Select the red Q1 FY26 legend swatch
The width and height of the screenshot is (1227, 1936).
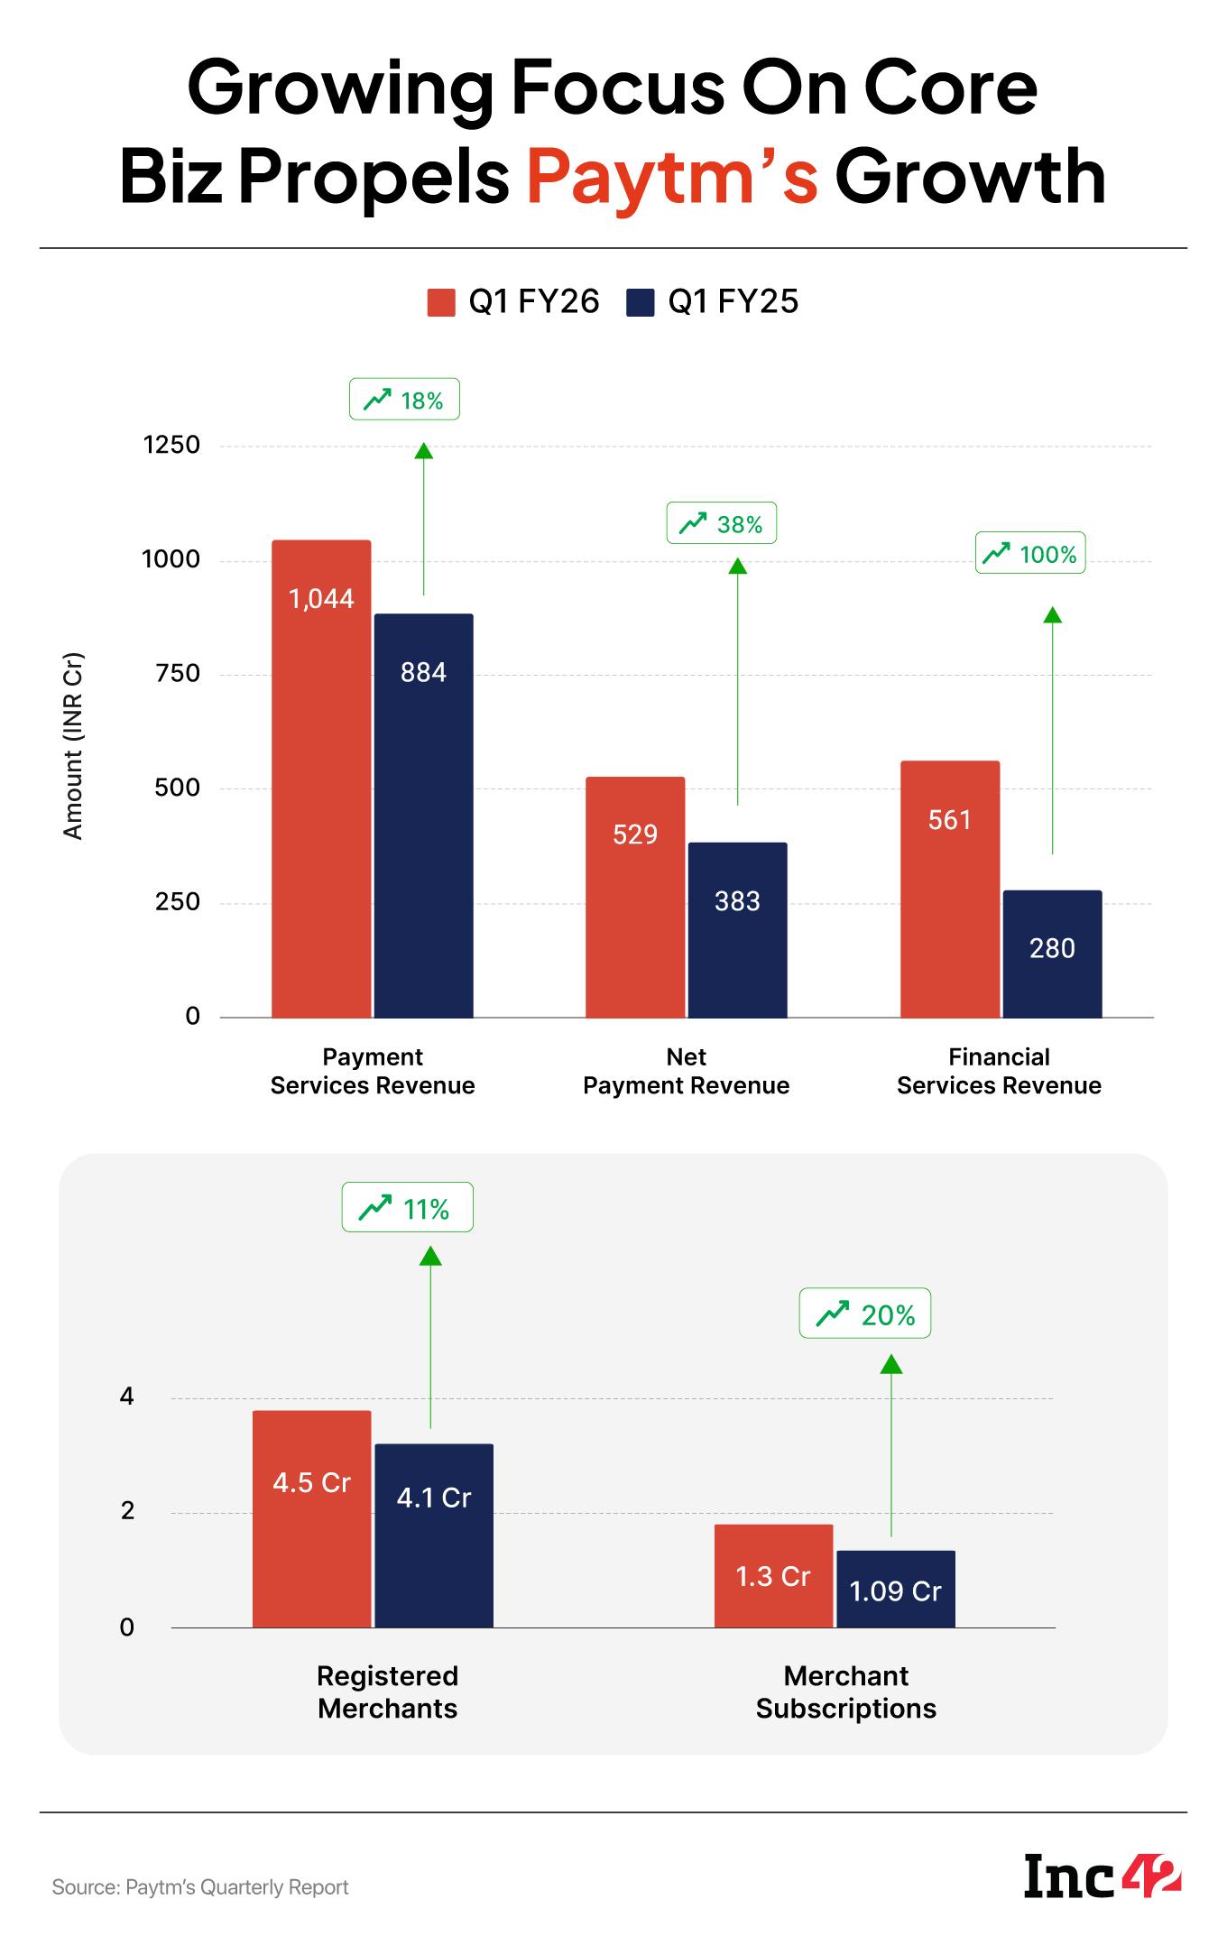point(441,302)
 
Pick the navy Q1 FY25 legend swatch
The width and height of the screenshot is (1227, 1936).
point(640,302)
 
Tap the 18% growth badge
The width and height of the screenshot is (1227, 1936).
point(404,400)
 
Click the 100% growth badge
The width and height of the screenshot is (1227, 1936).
point(1030,553)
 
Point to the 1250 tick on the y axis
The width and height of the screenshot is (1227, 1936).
point(171,446)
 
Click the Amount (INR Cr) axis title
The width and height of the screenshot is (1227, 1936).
point(73,745)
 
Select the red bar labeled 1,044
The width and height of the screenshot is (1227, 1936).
point(321,779)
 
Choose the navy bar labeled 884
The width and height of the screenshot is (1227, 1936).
point(424,816)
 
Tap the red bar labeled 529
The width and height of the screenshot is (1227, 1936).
point(635,897)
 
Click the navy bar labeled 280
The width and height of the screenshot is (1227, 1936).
point(1052,954)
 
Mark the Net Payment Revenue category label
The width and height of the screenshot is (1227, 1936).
point(686,1071)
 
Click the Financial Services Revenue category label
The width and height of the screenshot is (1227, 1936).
point(999,1071)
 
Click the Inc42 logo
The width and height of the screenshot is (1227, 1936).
point(1102,1876)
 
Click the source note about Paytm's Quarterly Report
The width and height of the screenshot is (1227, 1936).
point(200,1886)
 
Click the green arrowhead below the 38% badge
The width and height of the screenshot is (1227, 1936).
point(738,566)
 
